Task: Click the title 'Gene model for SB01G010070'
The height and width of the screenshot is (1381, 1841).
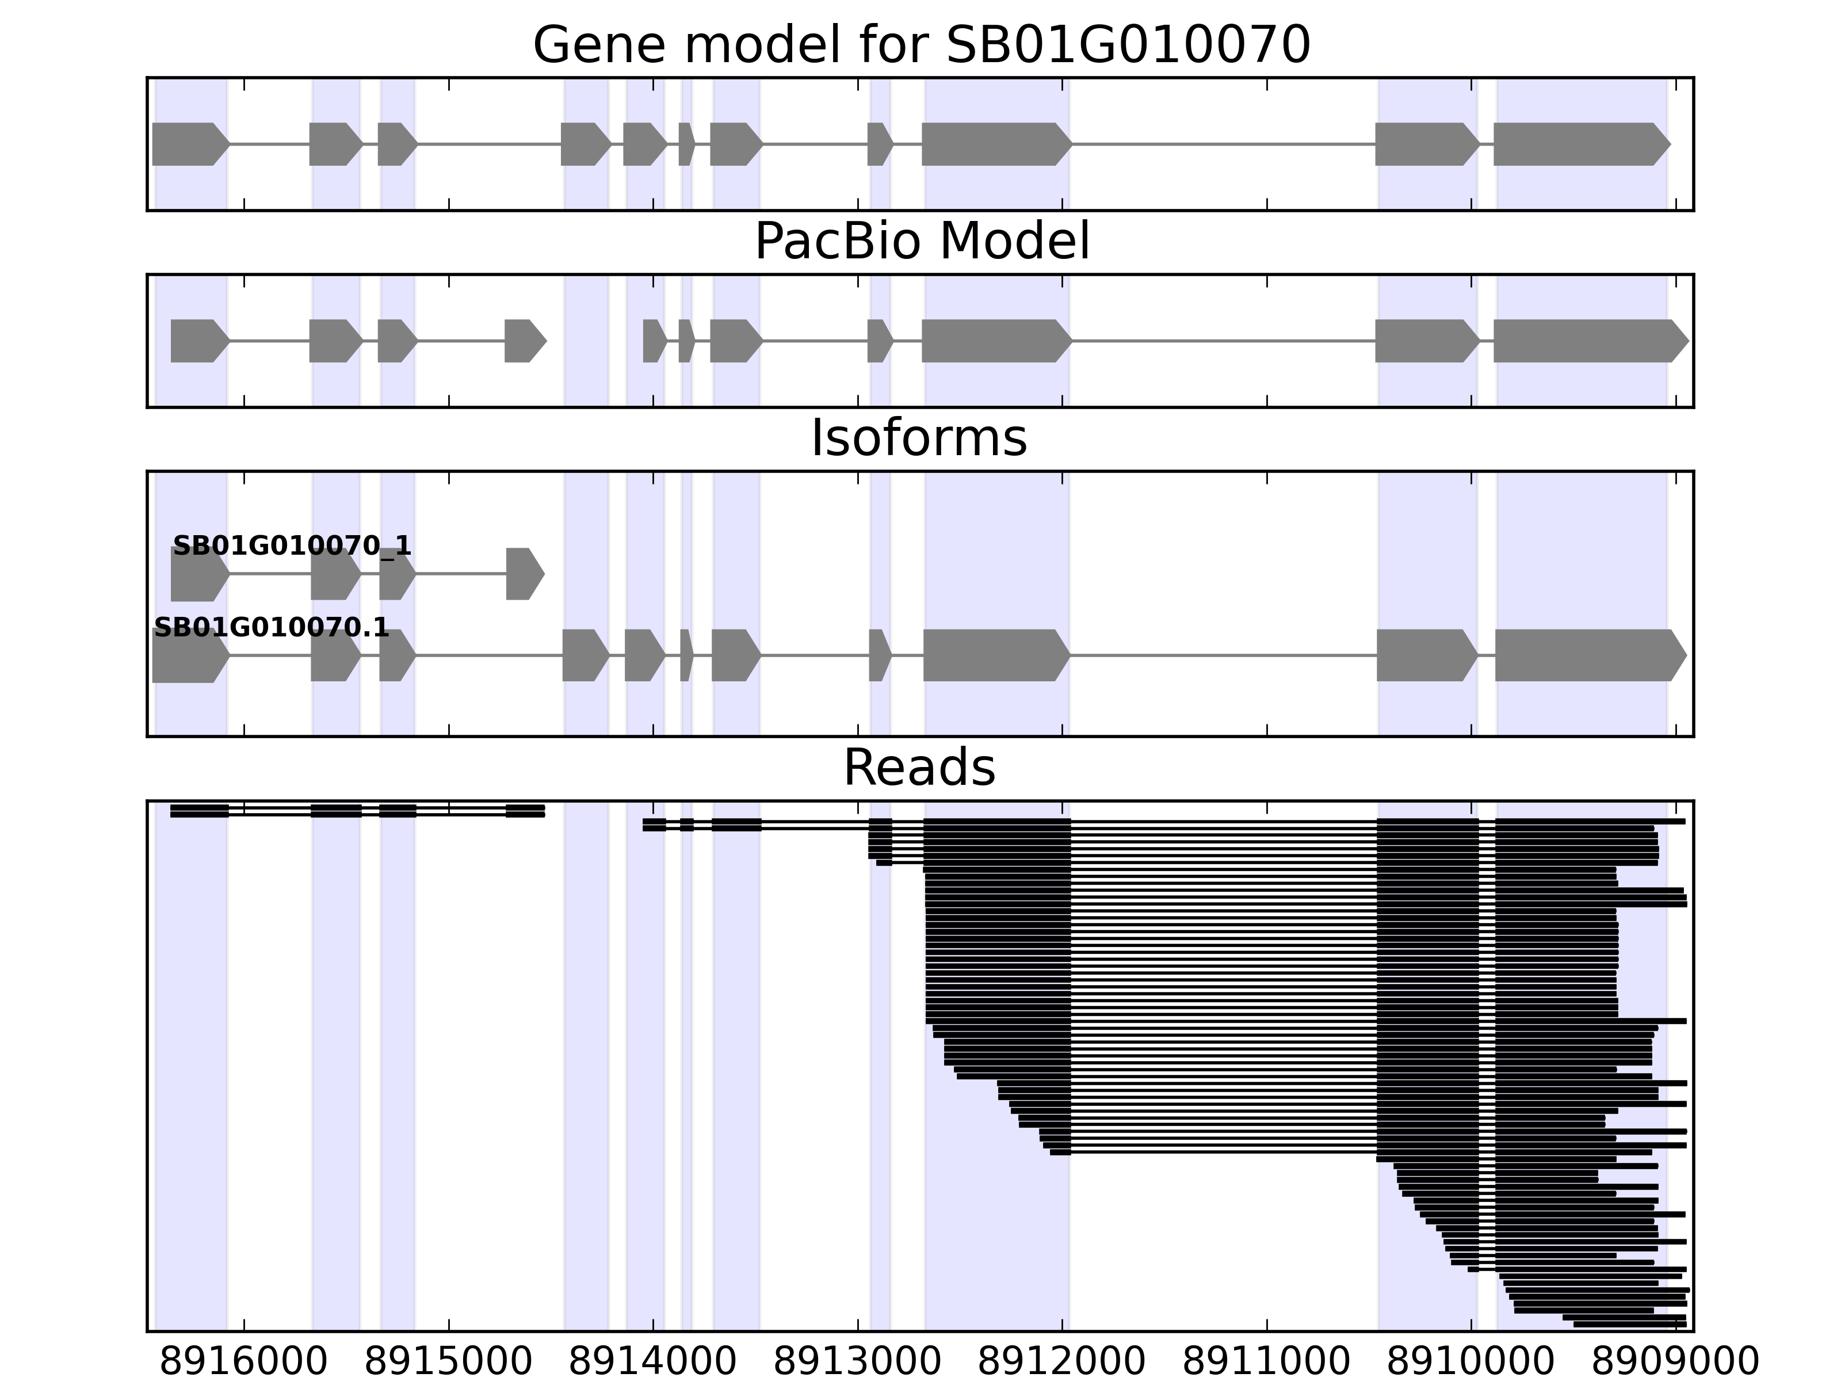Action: [921, 45]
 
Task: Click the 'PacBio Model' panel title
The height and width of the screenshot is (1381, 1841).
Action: [921, 242]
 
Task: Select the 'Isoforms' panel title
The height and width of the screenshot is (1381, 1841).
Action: [919, 438]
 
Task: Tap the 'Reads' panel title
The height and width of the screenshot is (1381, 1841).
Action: [919, 768]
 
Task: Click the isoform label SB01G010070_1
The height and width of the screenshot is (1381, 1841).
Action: [291, 546]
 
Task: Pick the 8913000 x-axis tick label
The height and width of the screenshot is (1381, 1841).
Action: [857, 1362]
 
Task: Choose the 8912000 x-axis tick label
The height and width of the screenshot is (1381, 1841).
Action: [1062, 1362]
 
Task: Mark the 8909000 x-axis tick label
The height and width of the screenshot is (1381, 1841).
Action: [1675, 1362]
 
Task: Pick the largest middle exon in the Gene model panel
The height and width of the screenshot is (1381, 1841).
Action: [995, 144]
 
